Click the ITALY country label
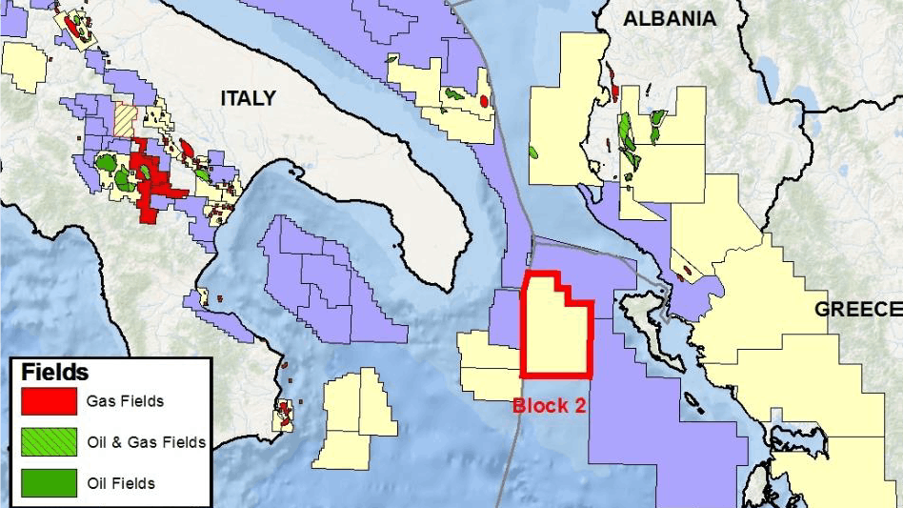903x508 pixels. tap(248, 98)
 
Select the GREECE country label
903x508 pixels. tap(857, 309)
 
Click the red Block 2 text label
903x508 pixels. tap(550, 404)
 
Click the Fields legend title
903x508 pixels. tap(54, 372)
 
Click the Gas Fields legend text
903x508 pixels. tap(125, 401)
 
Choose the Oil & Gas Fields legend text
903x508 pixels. tap(146, 442)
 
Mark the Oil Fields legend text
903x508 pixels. tap(120, 483)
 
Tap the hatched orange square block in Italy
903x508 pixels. tap(125, 118)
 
